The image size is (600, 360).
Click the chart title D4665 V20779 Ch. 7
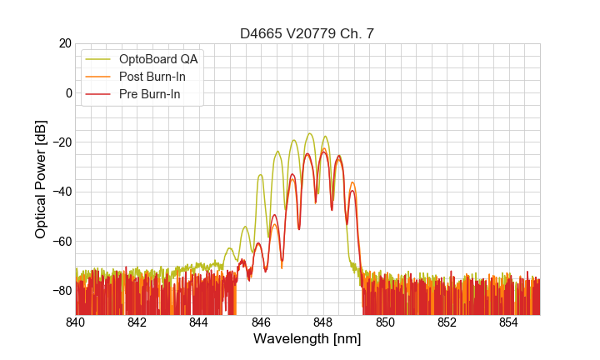coord(307,33)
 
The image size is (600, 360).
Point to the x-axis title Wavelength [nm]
coord(307,340)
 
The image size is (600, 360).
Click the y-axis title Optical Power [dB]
coord(41,178)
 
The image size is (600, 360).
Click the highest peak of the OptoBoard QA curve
coord(309,133)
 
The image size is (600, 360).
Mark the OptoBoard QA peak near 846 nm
coord(261,175)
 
